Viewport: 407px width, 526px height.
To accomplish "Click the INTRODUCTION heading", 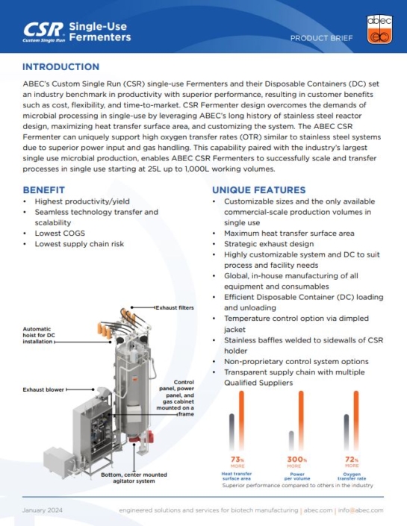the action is click(x=60, y=67).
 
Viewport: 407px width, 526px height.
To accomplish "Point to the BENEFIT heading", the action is click(x=44, y=190).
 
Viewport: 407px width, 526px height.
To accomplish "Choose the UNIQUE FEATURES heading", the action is click(x=258, y=190).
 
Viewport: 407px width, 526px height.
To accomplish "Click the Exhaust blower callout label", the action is click(x=43, y=389).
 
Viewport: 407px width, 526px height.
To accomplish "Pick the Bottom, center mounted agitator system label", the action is click(x=132, y=478).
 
